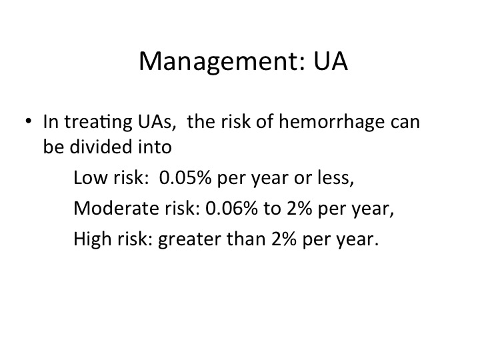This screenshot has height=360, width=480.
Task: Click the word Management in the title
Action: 222,62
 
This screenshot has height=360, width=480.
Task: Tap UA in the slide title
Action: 331,61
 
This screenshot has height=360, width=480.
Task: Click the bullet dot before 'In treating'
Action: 29,121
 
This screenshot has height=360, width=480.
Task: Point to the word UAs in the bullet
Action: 157,121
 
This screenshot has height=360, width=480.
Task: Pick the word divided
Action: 101,146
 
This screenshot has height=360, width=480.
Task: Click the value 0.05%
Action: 185,177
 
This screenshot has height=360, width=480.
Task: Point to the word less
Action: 336,177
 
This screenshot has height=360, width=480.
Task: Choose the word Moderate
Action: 116,208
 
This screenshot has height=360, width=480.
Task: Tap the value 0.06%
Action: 232,208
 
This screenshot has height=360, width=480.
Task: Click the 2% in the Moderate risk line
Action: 299,208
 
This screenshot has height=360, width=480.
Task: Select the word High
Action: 93,239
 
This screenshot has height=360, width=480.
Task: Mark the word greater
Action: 189,240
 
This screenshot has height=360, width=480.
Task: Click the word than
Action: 246,239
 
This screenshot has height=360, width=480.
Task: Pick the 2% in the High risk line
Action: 284,239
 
